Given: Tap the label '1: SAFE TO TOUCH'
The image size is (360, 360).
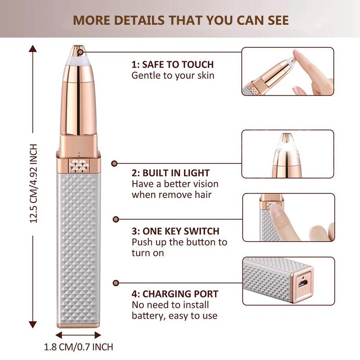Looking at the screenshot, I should click(x=172, y=64).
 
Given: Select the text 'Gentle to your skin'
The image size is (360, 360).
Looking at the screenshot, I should click(x=173, y=75).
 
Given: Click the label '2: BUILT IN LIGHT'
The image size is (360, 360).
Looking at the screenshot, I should click(x=171, y=173).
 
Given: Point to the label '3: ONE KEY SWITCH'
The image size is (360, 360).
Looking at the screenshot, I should click(x=175, y=231).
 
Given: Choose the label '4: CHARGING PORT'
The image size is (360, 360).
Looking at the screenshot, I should click(x=175, y=294).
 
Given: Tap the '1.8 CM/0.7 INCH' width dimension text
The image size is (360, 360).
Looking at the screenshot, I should click(x=78, y=347).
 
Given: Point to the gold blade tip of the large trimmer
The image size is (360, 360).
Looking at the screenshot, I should click(x=78, y=47).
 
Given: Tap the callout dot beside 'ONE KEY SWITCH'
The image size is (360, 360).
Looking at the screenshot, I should click(x=116, y=219).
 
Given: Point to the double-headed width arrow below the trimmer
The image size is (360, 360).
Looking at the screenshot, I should click(x=78, y=335).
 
